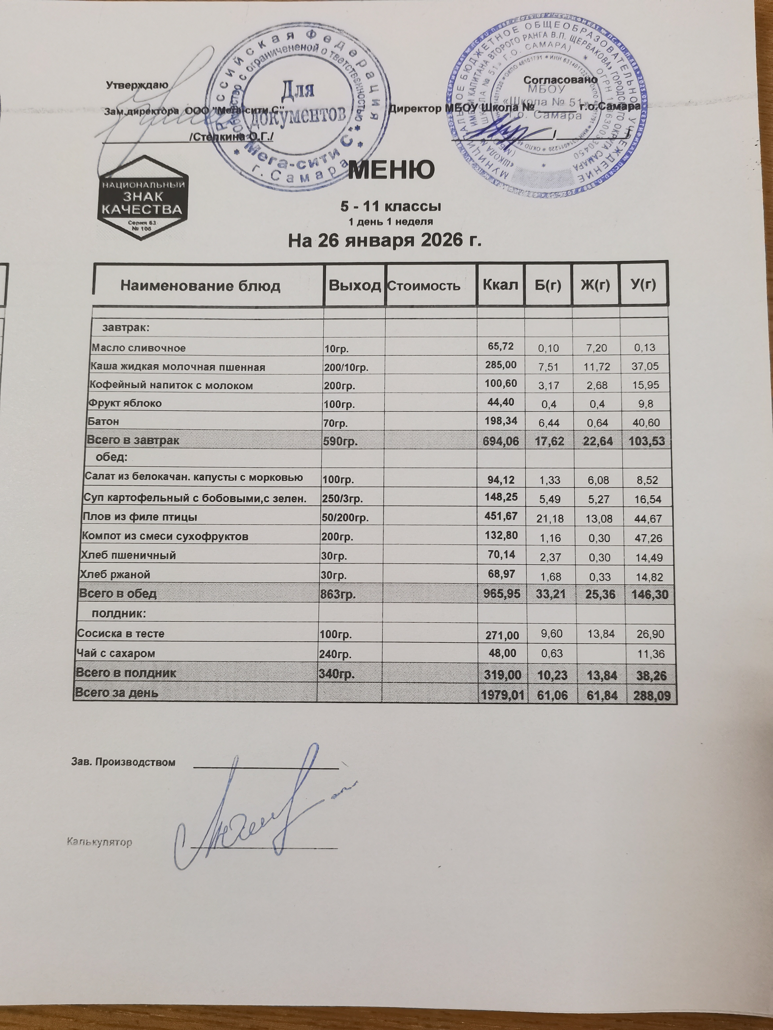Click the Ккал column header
coord(500,284)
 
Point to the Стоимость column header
coord(424,285)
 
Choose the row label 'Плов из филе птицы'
coord(139,517)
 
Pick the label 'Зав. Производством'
coord(123,762)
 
